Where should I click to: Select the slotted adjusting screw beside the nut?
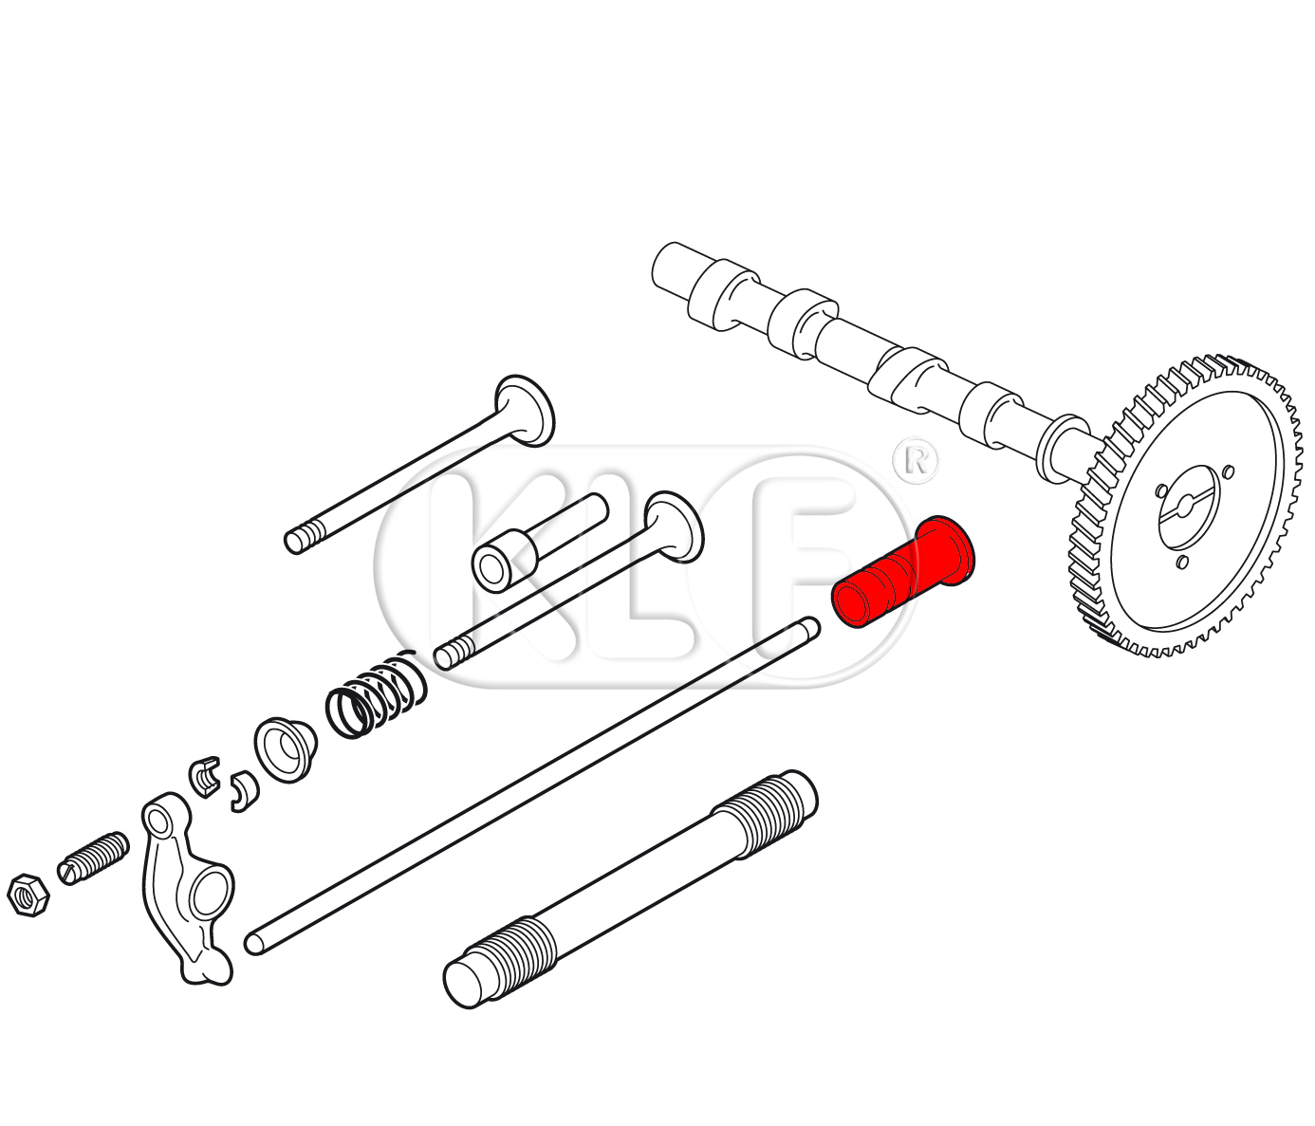(93, 858)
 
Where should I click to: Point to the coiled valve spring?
(376, 694)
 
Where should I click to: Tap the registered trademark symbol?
(916, 460)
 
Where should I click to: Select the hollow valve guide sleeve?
(540, 543)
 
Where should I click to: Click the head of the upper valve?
(525, 411)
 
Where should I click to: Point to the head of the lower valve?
(675, 526)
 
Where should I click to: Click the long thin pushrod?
(532, 785)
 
